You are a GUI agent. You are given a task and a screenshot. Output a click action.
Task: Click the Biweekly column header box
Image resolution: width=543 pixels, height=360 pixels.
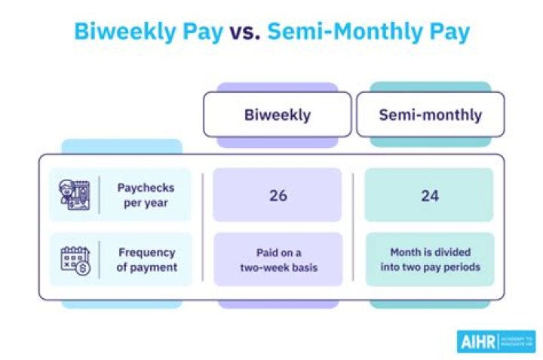pyautogui.click(x=277, y=115)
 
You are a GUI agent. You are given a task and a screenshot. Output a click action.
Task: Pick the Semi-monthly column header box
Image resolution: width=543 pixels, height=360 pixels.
pyautogui.click(x=430, y=115)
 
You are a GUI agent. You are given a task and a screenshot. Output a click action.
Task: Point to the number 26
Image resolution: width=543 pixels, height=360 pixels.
pyautogui.click(x=278, y=195)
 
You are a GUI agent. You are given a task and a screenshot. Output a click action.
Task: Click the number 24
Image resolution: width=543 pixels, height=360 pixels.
pyautogui.click(x=429, y=195)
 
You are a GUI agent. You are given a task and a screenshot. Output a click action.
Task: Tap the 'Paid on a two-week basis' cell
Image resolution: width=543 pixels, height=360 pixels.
pyautogui.click(x=278, y=259)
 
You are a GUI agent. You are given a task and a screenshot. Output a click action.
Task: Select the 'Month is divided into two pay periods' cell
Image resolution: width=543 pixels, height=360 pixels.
pyautogui.click(x=429, y=259)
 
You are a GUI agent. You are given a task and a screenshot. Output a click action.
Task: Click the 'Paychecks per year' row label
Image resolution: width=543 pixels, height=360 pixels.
pyautogui.click(x=146, y=195)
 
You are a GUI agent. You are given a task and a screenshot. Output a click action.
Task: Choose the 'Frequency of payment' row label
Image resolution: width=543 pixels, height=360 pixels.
pyautogui.click(x=146, y=259)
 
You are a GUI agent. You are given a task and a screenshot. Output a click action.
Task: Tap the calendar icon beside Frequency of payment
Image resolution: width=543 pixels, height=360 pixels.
pyautogui.click(x=75, y=259)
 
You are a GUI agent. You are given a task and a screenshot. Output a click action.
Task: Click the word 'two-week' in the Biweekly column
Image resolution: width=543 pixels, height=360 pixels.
pyautogui.click(x=266, y=266)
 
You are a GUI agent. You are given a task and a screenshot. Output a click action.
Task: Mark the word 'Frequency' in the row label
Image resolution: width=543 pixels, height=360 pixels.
pyautogui.click(x=146, y=252)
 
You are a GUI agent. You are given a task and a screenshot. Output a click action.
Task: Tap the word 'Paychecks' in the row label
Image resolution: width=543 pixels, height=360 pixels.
pyautogui.click(x=146, y=188)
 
